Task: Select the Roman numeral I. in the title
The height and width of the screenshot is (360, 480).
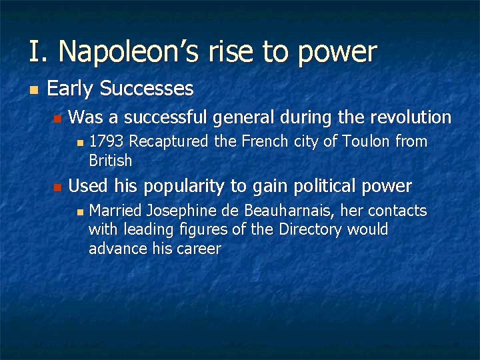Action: [x=38, y=51]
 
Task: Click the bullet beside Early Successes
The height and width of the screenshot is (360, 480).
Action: [x=33, y=89]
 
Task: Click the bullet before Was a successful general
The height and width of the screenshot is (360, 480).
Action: [x=57, y=119]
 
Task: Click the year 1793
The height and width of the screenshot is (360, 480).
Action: [x=107, y=141]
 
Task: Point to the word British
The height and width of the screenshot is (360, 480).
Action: [x=111, y=161]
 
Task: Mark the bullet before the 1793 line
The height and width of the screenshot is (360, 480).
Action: [x=79, y=142]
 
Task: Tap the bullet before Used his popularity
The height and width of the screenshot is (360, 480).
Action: [x=57, y=187]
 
